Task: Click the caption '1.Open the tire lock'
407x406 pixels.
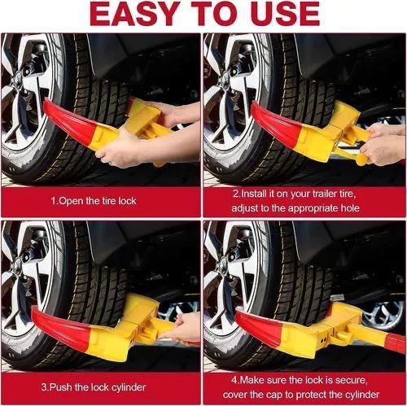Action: tap(94, 201)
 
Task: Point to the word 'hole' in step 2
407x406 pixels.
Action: tap(350, 208)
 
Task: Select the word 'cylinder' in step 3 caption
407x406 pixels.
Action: tap(129, 387)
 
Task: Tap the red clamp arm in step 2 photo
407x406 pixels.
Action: tap(277, 124)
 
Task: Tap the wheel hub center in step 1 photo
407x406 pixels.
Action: tap(19, 79)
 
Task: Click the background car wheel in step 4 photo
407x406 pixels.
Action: tap(383, 315)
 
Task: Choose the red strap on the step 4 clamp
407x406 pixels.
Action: tap(396, 343)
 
